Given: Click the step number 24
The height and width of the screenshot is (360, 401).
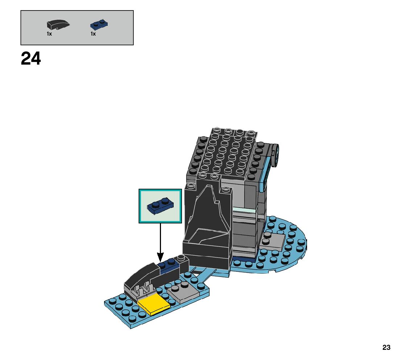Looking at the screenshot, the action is pos(31,59).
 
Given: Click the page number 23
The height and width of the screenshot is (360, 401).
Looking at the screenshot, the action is pos(386,348).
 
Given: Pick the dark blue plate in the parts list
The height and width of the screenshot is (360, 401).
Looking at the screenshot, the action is pos(99,25).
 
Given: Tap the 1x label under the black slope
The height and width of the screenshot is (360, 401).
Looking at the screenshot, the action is pos(49,34).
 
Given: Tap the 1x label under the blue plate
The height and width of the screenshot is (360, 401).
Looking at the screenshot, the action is pos(93,34).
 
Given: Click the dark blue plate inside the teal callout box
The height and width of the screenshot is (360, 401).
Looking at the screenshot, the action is pos(160,206).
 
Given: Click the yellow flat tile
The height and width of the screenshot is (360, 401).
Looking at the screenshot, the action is pos(153,304).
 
